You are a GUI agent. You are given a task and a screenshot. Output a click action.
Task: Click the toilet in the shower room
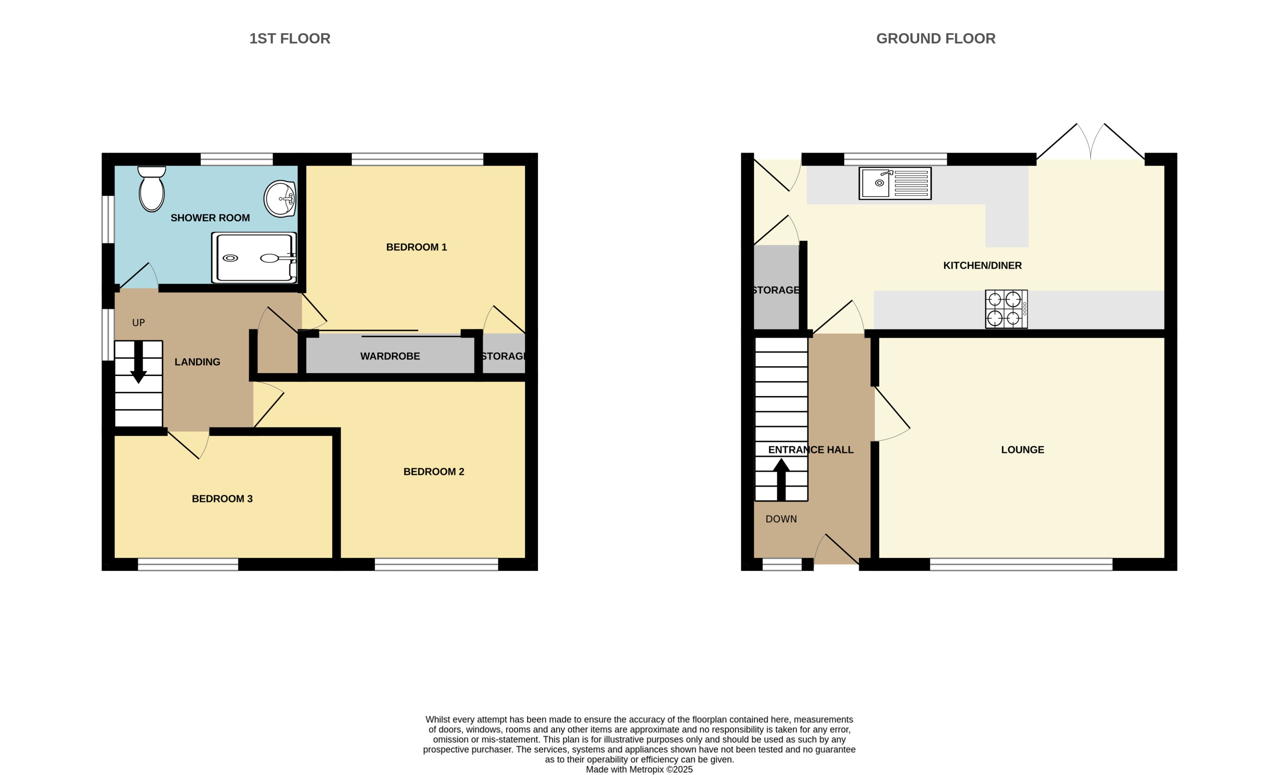152,189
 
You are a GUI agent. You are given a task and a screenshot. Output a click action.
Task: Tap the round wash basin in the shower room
280,199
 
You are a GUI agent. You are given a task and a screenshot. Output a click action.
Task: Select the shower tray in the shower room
254,257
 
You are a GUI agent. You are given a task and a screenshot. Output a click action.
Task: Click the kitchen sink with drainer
895,183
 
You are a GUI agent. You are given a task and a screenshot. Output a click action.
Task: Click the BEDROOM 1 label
416,247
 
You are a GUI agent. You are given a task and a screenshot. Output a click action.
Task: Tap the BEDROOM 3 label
222,499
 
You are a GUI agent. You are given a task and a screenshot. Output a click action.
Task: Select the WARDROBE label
390,356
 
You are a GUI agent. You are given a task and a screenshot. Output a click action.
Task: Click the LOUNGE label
1022,450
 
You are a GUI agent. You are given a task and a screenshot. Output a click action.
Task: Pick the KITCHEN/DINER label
982,266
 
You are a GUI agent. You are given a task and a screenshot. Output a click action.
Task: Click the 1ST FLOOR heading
290,38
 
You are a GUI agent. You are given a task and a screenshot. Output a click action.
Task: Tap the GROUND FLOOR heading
935,38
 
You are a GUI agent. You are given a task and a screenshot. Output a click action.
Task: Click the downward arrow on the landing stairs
138,364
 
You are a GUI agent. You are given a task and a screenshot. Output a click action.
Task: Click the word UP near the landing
138,323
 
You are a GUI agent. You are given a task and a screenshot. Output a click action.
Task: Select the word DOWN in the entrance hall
781,519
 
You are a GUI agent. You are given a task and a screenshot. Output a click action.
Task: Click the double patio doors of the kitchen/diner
1090,143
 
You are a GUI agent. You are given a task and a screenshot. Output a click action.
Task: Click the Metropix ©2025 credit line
639,769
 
